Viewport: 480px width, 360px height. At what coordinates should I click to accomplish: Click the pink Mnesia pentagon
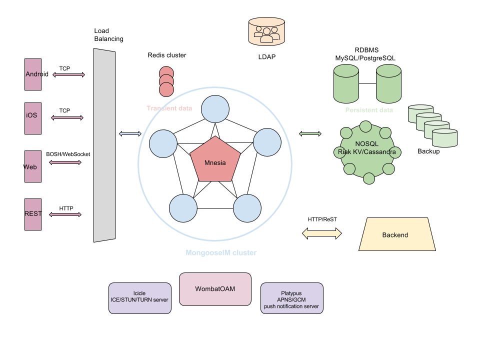215,160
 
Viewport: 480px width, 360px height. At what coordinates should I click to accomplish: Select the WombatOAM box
215,289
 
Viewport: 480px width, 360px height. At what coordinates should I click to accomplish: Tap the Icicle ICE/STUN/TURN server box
140,298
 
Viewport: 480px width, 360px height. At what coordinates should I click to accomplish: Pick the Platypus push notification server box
292,298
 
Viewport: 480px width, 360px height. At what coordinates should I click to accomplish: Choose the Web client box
33,166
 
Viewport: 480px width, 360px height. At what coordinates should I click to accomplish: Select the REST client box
33,214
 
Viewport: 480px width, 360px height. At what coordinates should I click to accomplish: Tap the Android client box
33,74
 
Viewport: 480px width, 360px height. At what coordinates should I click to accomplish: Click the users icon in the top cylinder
266,33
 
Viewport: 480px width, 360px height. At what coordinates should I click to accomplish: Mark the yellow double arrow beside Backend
322,233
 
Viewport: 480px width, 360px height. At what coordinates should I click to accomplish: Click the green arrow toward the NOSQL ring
310,133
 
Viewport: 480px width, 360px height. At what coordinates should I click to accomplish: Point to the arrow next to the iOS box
67,118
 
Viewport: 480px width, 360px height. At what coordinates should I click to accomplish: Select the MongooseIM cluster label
221,253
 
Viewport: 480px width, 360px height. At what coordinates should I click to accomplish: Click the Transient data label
169,108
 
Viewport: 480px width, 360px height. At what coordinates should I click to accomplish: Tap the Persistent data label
369,110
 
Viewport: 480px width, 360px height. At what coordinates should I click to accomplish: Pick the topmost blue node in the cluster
215,109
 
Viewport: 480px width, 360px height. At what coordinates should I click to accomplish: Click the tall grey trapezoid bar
104,145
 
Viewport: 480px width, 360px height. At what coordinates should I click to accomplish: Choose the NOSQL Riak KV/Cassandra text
367,147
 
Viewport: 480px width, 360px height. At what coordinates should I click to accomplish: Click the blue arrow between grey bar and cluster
130,133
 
